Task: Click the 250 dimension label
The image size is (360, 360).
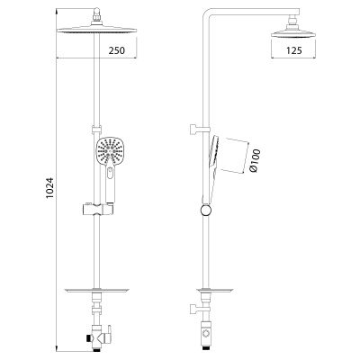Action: click(116, 50)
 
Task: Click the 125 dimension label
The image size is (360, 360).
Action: click(293, 50)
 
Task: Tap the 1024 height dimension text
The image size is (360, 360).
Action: click(50, 187)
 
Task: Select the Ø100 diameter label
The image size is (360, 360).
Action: click(255, 160)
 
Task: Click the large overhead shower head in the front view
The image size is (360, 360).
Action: click(96, 30)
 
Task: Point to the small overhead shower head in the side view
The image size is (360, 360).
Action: click(293, 33)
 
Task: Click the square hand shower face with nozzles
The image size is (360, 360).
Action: click(111, 150)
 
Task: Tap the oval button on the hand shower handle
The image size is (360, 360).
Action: click(111, 173)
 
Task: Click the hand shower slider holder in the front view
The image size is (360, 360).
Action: click(97, 209)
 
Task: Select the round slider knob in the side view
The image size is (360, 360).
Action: click(206, 210)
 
